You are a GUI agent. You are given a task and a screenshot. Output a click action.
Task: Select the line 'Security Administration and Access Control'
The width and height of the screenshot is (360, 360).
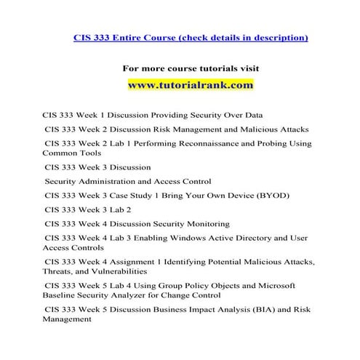[128, 181]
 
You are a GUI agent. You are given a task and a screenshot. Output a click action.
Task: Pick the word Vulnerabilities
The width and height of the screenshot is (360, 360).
[124, 270]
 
